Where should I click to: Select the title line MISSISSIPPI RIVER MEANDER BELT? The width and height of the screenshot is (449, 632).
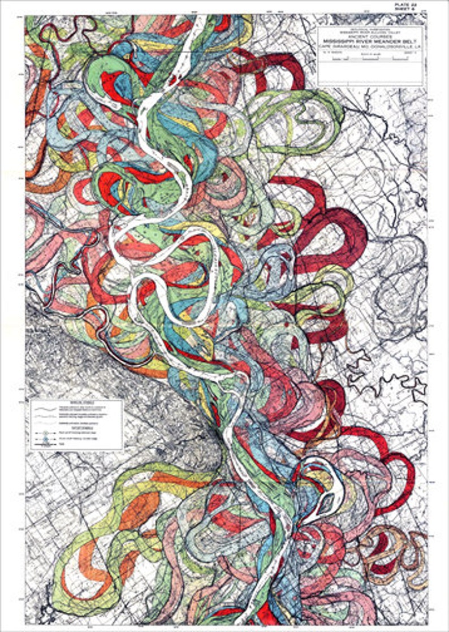370,42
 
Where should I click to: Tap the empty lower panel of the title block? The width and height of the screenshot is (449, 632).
370,73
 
